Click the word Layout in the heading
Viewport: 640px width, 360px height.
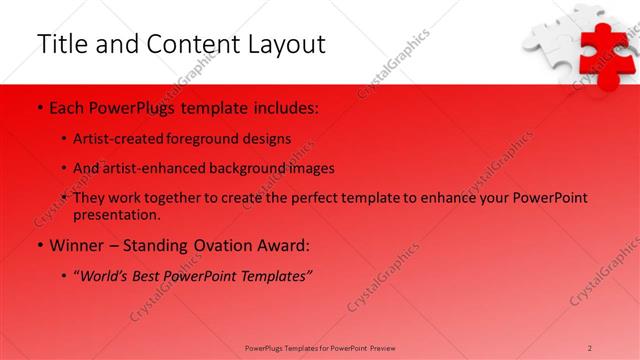(283, 44)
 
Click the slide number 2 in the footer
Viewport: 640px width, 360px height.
(589, 347)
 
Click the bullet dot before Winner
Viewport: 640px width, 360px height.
(39, 245)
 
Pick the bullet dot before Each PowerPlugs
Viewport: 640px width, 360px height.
(39, 106)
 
